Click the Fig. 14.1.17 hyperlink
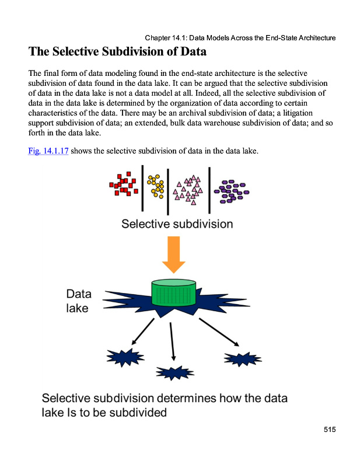(x=48, y=152)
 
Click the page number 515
(x=330, y=430)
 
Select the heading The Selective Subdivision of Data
(x=117, y=52)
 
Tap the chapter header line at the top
(x=240, y=38)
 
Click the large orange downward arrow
(x=174, y=254)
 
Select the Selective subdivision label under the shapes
(x=177, y=224)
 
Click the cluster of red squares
(x=124, y=184)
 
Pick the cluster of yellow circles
(x=156, y=186)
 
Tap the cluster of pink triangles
(x=188, y=188)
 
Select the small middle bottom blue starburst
(x=173, y=372)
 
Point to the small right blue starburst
(x=242, y=358)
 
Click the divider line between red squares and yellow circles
(x=142, y=188)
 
